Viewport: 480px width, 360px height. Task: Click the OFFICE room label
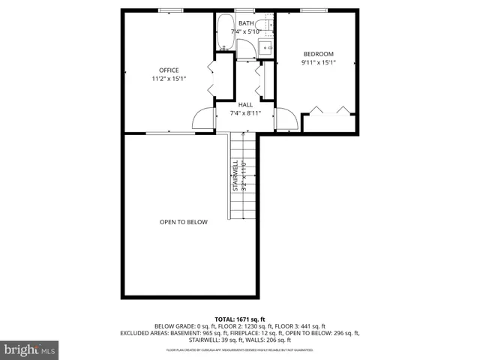(x=168, y=70)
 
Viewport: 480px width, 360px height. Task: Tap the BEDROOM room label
(x=319, y=54)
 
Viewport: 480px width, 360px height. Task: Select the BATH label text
(x=246, y=24)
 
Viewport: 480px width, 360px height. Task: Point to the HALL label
(x=245, y=105)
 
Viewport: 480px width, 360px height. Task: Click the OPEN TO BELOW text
(x=183, y=222)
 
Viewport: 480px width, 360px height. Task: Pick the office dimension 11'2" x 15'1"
(x=168, y=79)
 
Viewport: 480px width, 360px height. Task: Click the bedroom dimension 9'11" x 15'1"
(x=319, y=62)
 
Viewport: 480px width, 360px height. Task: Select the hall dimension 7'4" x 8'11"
(x=245, y=113)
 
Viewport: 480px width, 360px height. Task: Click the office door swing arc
(x=203, y=118)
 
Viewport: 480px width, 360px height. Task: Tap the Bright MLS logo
(x=30, y=349)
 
